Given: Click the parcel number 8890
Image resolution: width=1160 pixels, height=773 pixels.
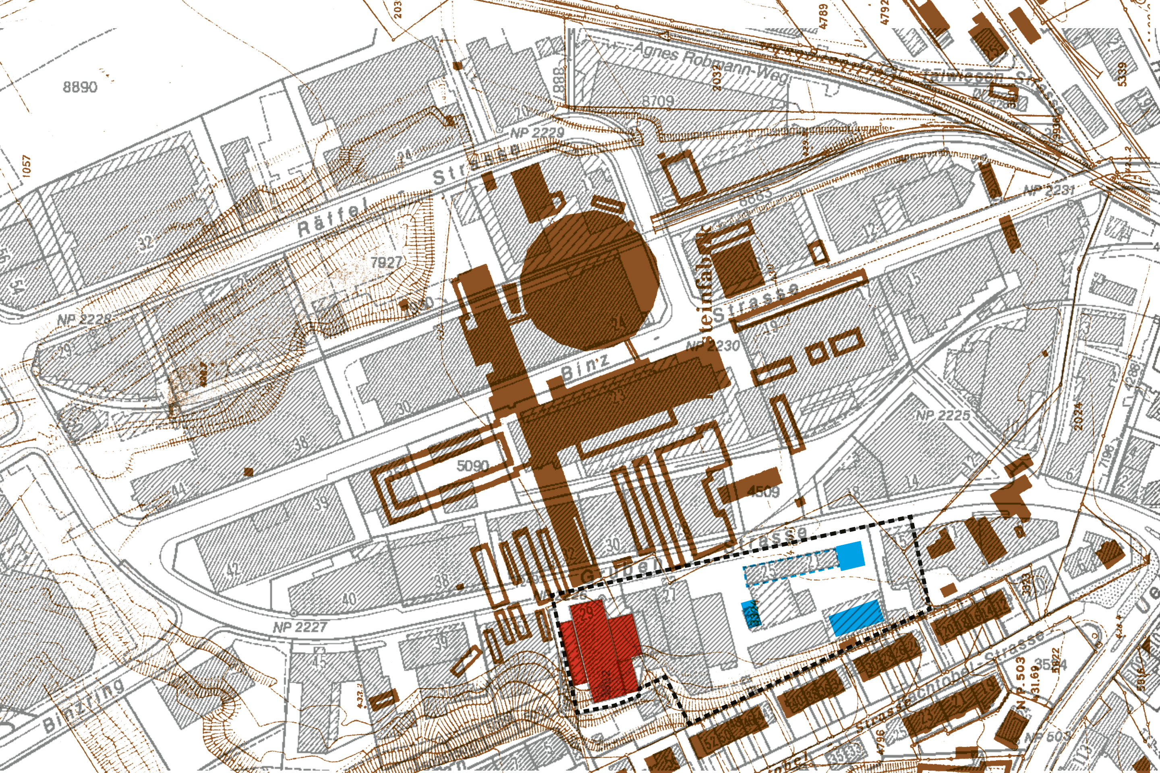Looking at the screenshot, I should click(80, 87).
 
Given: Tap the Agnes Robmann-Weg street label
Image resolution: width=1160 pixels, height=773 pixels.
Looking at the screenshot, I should click(710, 62).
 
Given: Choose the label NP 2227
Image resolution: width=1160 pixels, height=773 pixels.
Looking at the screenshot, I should click(300, 627).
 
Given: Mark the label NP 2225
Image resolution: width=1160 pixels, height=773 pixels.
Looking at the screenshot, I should click(942, 415).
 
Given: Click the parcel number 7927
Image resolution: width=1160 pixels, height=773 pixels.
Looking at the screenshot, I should click(386, 262).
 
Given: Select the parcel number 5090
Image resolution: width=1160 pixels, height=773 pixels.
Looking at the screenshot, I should click(472, 465).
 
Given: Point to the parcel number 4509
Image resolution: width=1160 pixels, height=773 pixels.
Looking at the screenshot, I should click(763, 491).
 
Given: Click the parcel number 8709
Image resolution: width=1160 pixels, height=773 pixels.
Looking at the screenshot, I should click(657, 101).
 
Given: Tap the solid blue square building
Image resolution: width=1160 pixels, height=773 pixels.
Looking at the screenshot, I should click(850, 555).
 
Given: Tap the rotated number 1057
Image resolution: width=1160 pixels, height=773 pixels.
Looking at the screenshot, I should click(26, 165).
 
